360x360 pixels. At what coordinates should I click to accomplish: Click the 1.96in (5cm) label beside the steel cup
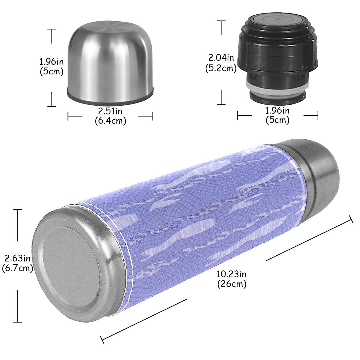[x=52, y=67]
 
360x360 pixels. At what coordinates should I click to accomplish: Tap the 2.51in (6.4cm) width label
[x=110, y=116]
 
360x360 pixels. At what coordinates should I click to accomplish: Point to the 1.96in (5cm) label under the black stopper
[x=277, y=115]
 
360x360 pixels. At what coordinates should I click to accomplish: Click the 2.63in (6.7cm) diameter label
[x=17, y=263]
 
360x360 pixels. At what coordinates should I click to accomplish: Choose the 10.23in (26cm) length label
[x=232, y=279]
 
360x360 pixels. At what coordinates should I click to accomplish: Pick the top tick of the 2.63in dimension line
[x=18, y=209]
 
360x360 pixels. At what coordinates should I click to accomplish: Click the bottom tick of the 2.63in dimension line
[x=18, y=322]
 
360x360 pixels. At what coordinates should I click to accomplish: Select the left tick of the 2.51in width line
[x=68, y=116]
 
